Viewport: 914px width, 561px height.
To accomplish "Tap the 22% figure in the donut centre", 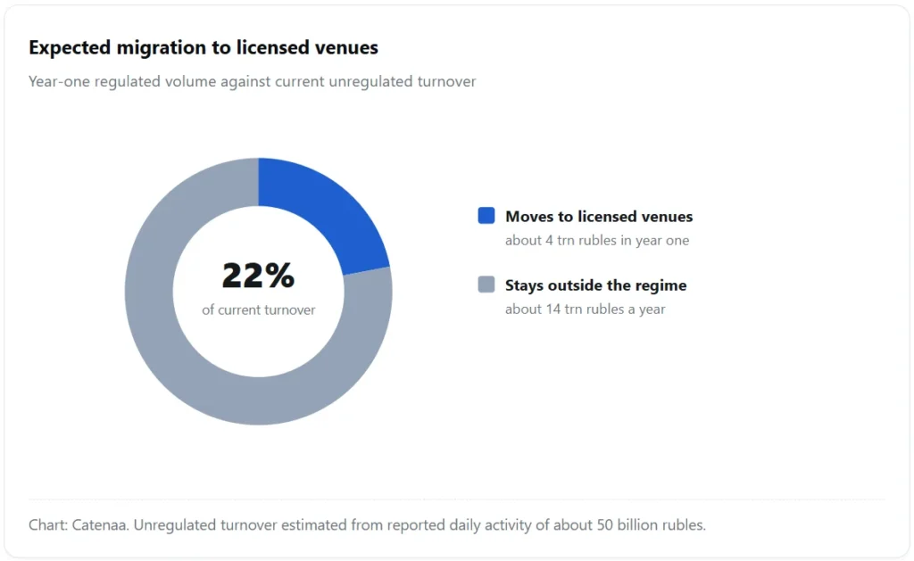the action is (258, 276).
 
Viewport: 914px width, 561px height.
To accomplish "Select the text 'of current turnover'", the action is (258, 309).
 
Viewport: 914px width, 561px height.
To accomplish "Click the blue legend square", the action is (486, 216).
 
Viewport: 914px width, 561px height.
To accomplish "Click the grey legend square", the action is (486, 285).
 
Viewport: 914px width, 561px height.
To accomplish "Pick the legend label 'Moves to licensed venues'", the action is (599, 217).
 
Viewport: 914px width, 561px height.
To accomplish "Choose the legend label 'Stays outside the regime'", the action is (595, 285).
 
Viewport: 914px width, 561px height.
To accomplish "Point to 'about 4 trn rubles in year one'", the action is (597, 241).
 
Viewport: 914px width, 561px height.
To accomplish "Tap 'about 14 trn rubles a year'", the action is (585, 309).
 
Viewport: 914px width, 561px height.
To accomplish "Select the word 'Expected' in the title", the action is (70, 48).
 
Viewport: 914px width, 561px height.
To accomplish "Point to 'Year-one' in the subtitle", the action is (59, 81).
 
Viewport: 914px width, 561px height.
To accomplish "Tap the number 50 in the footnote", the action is (604, 525).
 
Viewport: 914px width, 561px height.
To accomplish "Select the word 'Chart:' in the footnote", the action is (48, 525).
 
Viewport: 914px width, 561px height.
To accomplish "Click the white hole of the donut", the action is (258, 350).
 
